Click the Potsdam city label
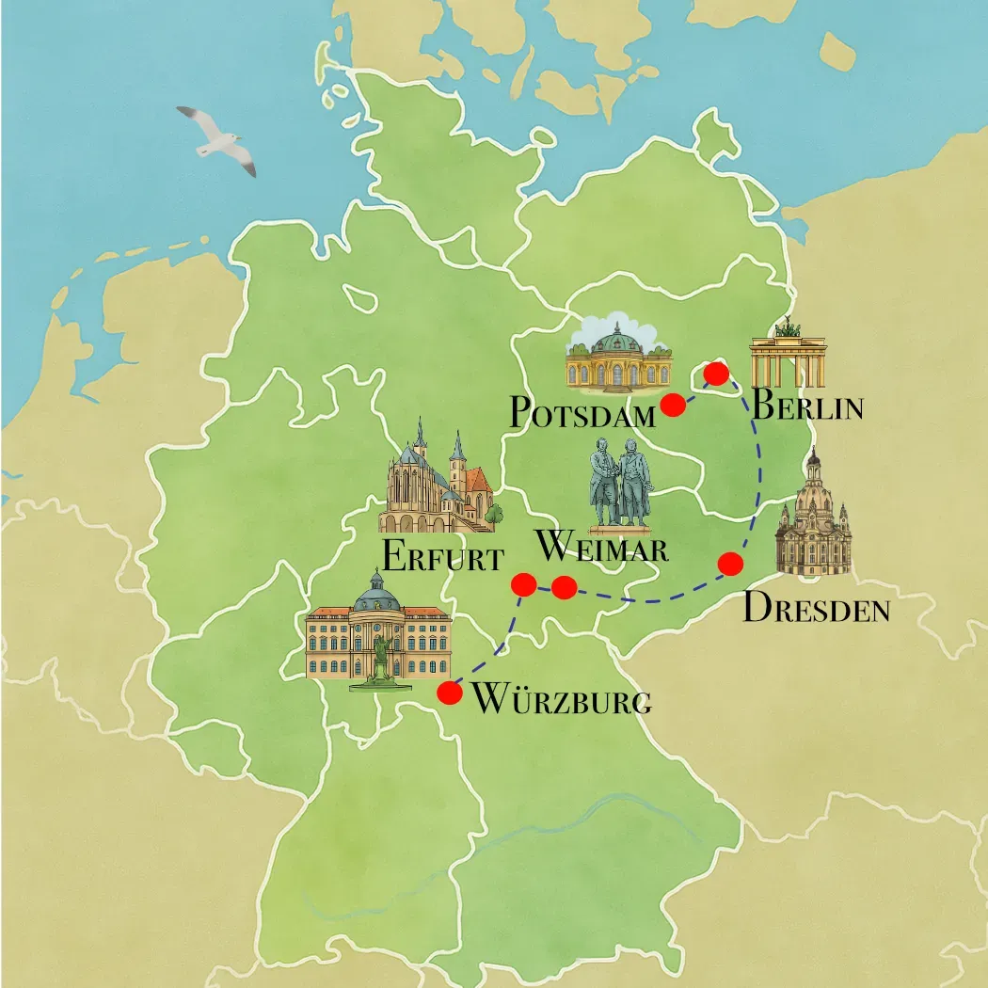pos(582,411)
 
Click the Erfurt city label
pos(441,556)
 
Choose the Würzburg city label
pos(560,700)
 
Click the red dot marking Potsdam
pos(672,405)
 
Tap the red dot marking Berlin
pos(716,374)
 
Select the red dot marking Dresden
pos(730,564)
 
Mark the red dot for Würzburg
pos(450,693)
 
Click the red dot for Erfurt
pos(523,584)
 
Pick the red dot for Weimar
pos(564,588)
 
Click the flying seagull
pos(217,137)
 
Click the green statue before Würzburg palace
pos(380,660)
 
